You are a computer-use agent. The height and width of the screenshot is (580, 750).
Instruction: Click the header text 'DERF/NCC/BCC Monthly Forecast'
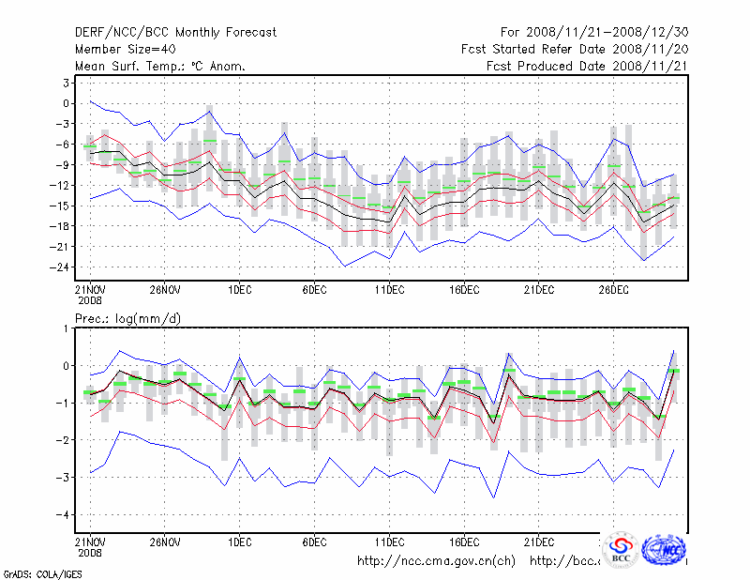tap(175, 33)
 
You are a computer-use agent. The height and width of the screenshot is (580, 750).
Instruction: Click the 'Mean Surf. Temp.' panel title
tap(160, 67)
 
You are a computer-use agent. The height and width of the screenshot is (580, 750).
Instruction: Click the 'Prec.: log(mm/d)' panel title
tap(127, 319)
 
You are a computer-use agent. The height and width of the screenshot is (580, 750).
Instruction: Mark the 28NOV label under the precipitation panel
tap(164, 542)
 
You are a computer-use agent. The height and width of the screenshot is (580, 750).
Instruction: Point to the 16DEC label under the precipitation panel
tap(464, 542)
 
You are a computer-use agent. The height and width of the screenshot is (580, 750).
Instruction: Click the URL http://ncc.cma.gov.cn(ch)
tap(437, 561)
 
